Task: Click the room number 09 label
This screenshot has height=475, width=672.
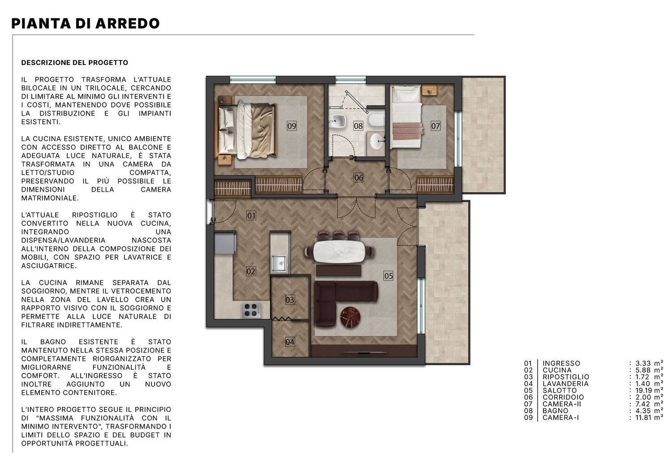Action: tap(292, 126)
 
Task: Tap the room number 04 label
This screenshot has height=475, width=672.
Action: tap(290, 342)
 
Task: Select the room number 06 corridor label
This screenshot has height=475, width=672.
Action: tap(359, 178)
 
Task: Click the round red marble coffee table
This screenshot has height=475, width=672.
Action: tap(349, 317)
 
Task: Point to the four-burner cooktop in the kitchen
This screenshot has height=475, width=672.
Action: tap(251, 310)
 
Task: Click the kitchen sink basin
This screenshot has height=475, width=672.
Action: tap(279, 263)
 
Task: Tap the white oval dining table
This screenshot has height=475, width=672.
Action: tap(339, 252)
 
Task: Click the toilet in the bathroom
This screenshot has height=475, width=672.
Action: tap(376, 120)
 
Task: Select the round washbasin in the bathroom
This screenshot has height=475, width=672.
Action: tap(377, 141)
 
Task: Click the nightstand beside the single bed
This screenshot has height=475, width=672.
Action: tap(429, 90)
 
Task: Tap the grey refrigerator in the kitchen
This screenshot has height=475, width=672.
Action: tap(225, 242)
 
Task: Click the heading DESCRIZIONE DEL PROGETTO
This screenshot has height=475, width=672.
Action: tap(75, 63)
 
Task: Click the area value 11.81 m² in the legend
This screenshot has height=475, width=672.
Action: tap(649, 417)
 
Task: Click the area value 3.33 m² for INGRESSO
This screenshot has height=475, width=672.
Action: tap(649, 363)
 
